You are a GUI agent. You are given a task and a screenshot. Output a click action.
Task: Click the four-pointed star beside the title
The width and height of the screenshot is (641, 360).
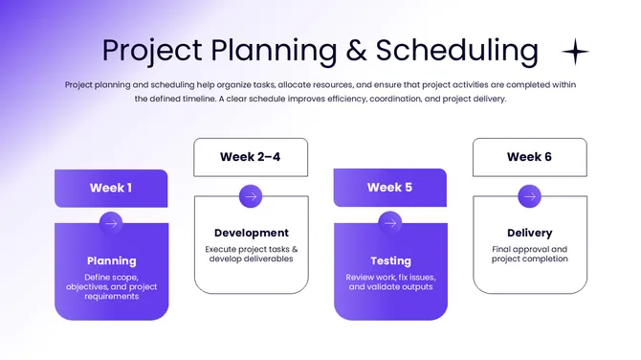575,51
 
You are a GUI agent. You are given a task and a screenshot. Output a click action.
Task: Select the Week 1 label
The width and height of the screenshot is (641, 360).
111,188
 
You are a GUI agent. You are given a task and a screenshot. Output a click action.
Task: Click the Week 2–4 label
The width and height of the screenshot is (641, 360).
251,157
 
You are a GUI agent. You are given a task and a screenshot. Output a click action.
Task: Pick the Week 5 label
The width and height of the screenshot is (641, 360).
389,188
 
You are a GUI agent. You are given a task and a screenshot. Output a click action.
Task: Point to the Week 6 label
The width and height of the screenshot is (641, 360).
529,157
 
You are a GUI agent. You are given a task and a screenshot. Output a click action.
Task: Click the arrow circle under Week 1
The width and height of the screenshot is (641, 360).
111,223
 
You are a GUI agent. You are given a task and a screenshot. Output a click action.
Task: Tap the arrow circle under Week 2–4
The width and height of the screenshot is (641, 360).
251,196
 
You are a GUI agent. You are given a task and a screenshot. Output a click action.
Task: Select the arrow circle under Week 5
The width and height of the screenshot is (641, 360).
389,223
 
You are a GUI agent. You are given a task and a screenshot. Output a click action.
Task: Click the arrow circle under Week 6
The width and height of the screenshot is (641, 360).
529,196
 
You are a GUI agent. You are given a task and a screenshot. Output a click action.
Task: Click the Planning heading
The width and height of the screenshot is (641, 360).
111,260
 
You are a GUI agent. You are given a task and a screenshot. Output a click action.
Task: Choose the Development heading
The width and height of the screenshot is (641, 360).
251,233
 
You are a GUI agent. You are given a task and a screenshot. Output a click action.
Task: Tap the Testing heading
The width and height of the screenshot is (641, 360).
389,260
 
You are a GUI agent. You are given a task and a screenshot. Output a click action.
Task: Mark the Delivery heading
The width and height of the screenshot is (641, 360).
529,233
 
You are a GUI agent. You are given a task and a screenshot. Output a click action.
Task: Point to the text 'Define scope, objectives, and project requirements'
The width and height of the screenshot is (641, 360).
111,287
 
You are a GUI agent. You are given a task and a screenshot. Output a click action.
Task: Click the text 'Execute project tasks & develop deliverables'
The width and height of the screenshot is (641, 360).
251,254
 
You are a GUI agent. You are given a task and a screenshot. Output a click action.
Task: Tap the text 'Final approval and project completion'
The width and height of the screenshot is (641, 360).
529,254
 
